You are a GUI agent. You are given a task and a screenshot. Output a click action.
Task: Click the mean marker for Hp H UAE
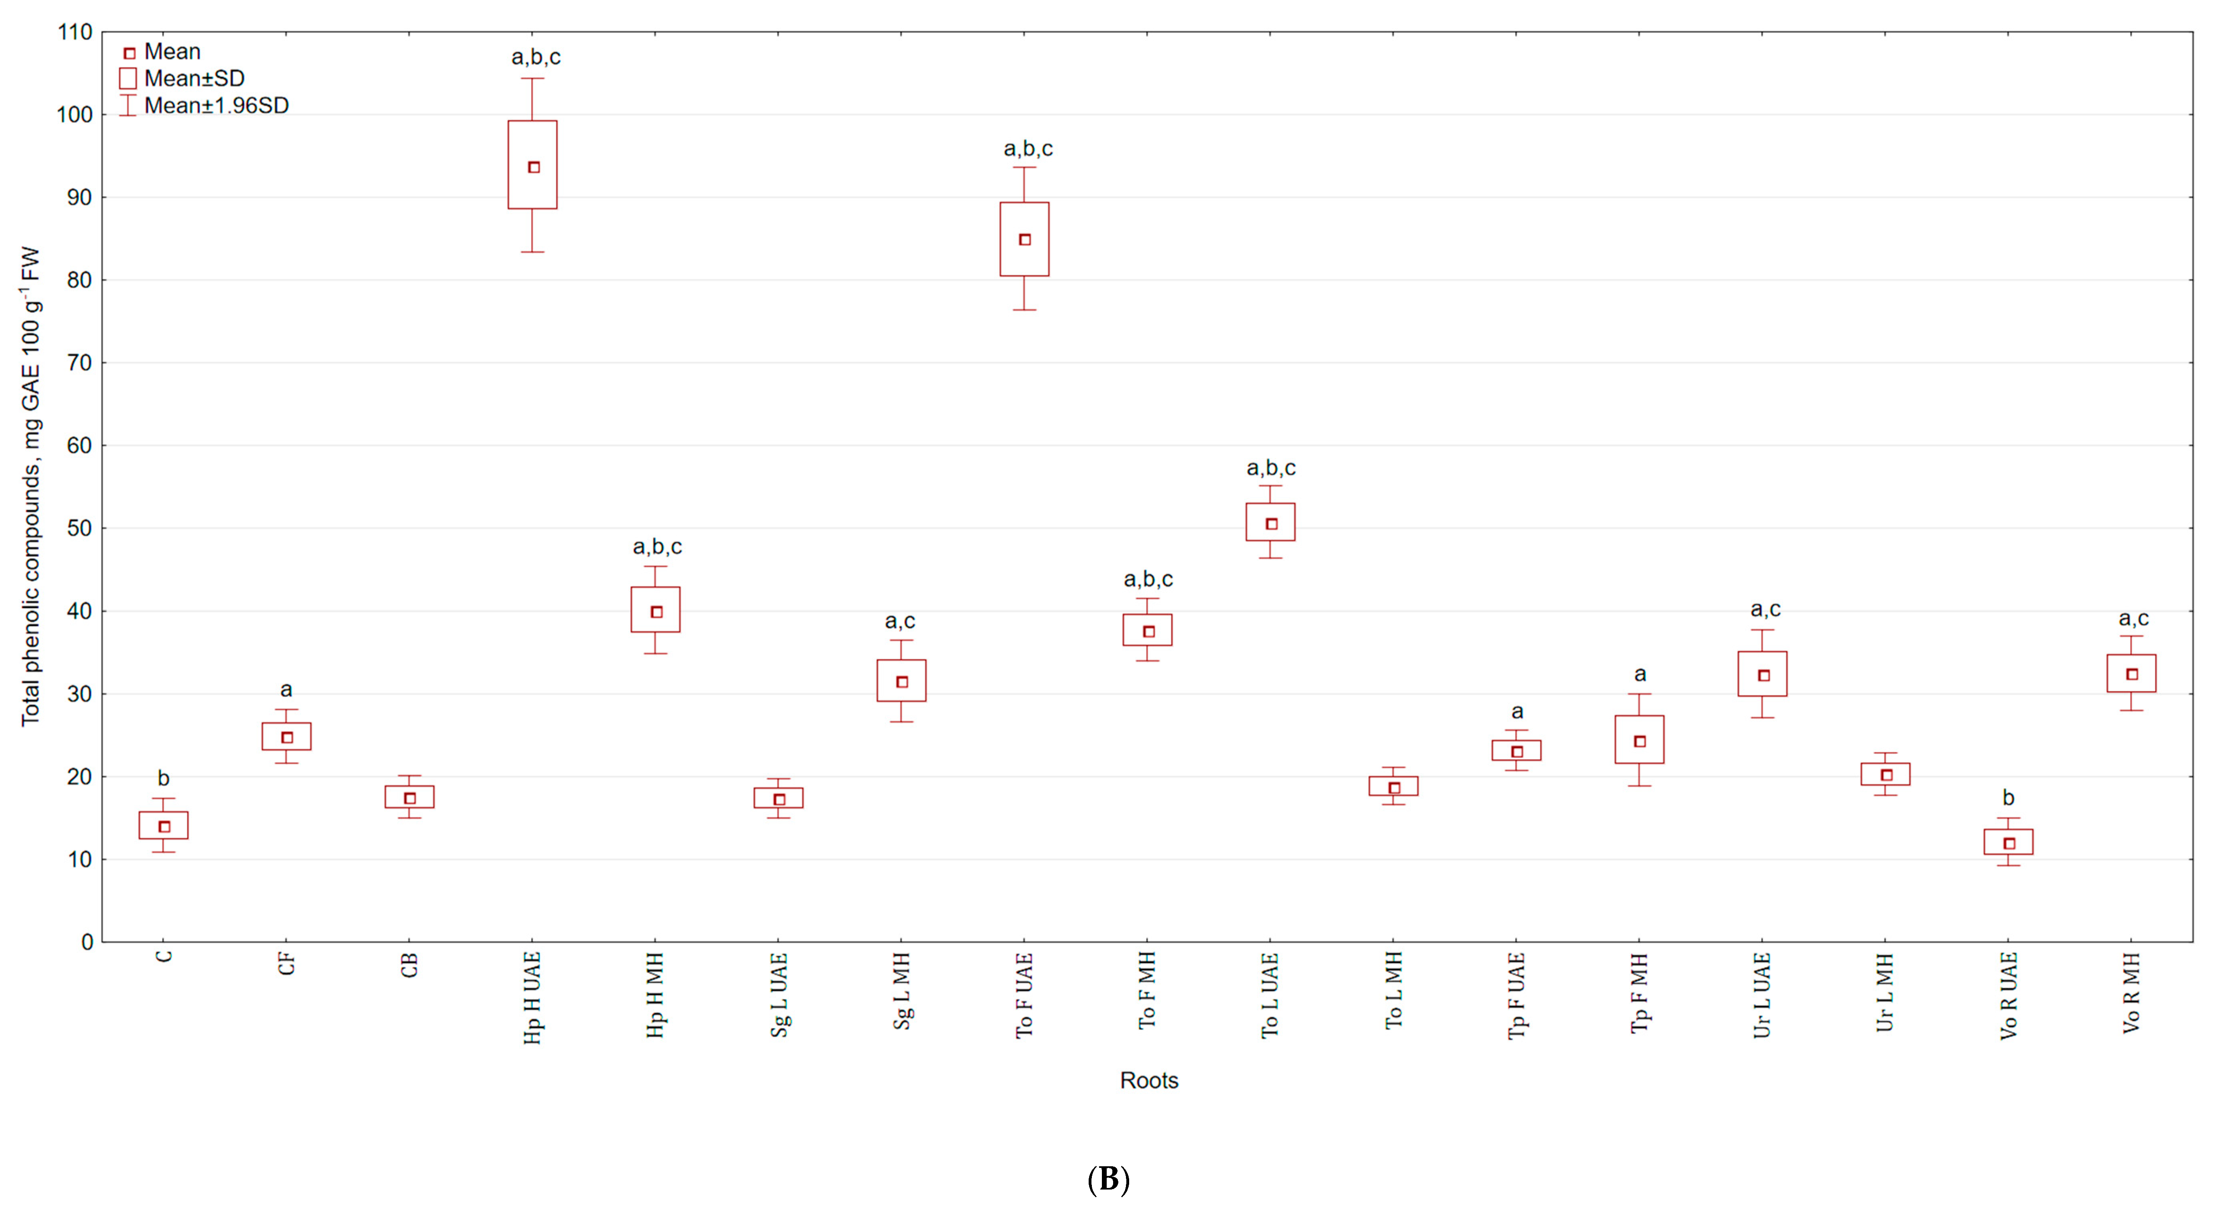[x=533, y=168]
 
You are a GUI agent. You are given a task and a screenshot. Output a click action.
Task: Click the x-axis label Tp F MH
[x=1639, y=993]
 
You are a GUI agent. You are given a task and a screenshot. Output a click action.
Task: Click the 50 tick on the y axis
[x=80, y=528]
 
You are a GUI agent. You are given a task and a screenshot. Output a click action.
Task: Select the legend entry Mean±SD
[x=182, y=78]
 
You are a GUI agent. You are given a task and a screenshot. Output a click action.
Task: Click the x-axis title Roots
[x=1148, y=1080]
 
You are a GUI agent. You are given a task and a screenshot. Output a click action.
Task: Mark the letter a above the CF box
[x=286, y=690]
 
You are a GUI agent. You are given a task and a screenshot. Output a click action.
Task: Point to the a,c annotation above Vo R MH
[x=2133, y=619]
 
